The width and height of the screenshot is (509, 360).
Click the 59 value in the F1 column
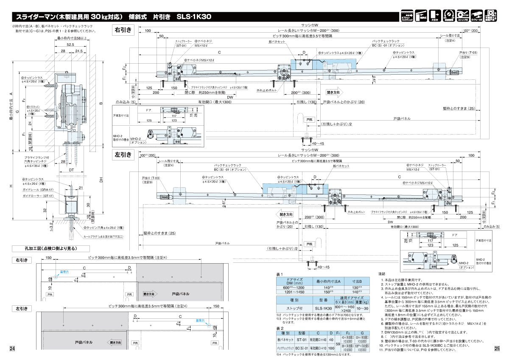(338, 343)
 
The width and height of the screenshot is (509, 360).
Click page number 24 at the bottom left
(12, 349)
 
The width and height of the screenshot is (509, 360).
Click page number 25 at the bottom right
(497, 349)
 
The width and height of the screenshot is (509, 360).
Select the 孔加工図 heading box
(51, 249)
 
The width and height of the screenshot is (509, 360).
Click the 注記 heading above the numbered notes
(382, 274)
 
